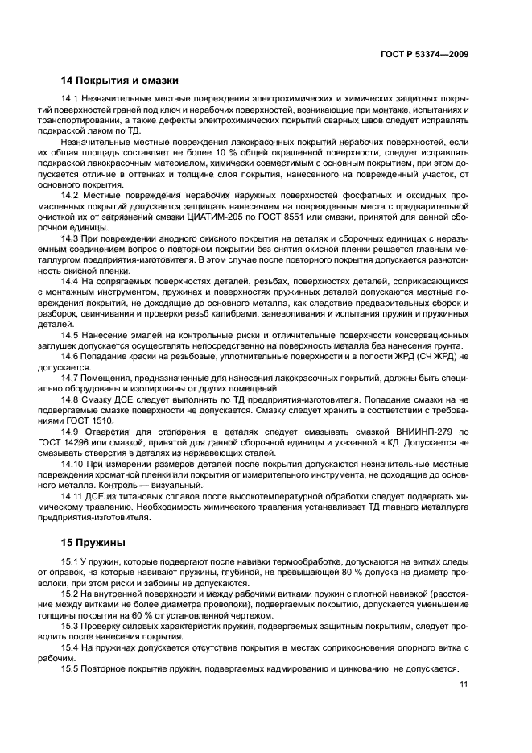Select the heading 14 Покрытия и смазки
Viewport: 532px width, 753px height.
click(x=119, y=81)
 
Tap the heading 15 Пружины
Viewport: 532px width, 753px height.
click(x=93, y=544)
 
